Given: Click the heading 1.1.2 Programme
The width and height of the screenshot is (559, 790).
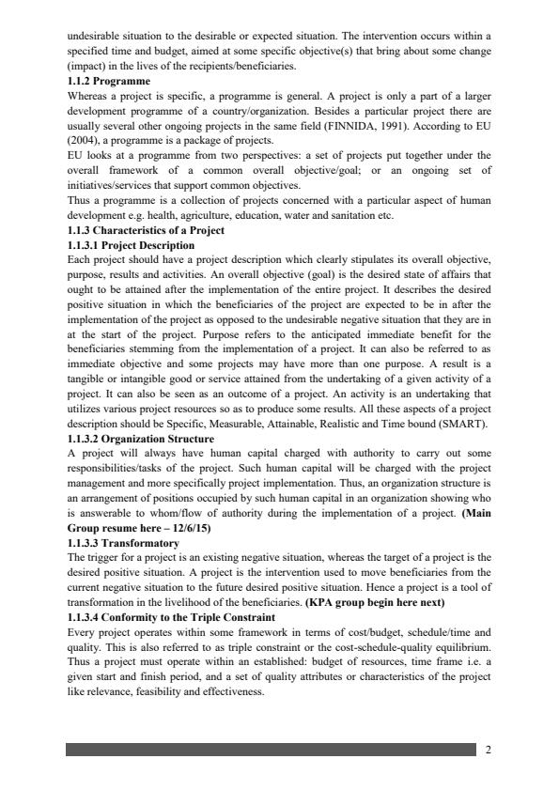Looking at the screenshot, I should (109, 82).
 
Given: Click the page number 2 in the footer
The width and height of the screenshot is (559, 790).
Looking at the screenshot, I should (488, 750).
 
